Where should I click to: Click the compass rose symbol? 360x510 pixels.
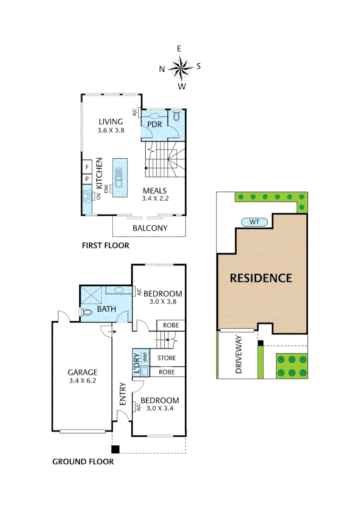point(180,67)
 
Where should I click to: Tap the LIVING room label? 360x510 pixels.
point(111,122)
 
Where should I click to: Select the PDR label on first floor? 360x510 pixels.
point(155,124)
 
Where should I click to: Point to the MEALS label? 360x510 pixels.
point(155,190)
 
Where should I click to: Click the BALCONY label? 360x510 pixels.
point(150,228)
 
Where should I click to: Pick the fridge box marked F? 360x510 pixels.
point(87,167)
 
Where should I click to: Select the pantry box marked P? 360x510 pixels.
point(87,179)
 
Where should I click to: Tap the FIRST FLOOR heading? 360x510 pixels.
point(105,246)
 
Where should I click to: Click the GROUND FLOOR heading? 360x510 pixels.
point(83,461)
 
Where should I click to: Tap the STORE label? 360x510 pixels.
point(167,357)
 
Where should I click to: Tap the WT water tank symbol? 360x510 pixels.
point(255,221)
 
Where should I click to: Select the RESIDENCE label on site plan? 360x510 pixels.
point(261,278)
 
